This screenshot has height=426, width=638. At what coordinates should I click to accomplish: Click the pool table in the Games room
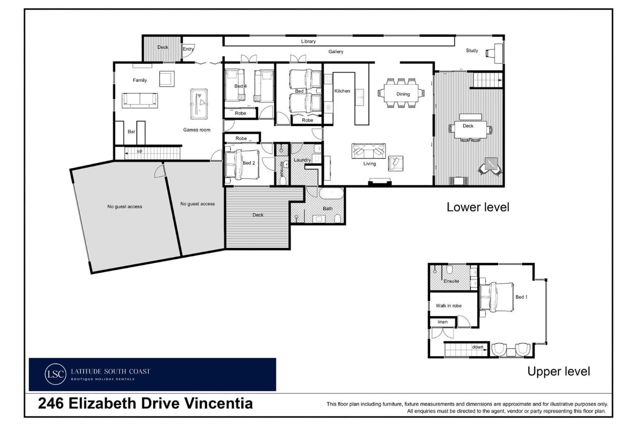pyautogui.click(x=199, y=104)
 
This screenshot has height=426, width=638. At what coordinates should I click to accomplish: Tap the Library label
pyautogui.click(x=308, y=41)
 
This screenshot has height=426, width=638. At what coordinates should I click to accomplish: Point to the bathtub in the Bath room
pyautogui.click(x=331, y=193)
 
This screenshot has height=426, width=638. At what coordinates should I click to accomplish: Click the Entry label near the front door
pyautogui.click(x=188, y=49)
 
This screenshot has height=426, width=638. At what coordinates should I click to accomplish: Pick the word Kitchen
pyautogui.click(x=342, y=91)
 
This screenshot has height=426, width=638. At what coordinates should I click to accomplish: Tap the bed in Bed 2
pyautogui.click(x=242, y=164)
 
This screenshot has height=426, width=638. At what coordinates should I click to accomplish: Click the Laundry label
pyautogui.click(x=302, y=160)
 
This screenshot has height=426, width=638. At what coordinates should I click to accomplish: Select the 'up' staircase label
pyautogui.click(x=140, y=151)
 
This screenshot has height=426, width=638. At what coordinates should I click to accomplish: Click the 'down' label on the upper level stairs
pyautogui.click(x=478, y=347)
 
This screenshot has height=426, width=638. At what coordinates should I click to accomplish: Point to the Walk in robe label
pyautogui.click(x=449, y=306)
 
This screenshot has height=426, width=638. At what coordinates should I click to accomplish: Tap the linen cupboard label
pyautogui.click(x=442, y=322)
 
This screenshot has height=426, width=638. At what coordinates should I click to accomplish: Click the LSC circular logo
pyautogui.click(x=55, y=374)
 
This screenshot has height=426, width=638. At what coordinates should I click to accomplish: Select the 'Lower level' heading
pyautogui.click(x=478, y=207)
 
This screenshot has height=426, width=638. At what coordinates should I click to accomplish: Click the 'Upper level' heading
pyautogui.click(x=559, y=371)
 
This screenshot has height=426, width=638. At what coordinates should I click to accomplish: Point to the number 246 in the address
pyautogui.click(x=51, y=403)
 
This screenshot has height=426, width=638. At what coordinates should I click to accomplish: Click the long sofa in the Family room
pyautogui.click(x=140, y=100)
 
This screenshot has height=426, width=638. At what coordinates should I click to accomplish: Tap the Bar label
pyautogui.click(x=131, y=132)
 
